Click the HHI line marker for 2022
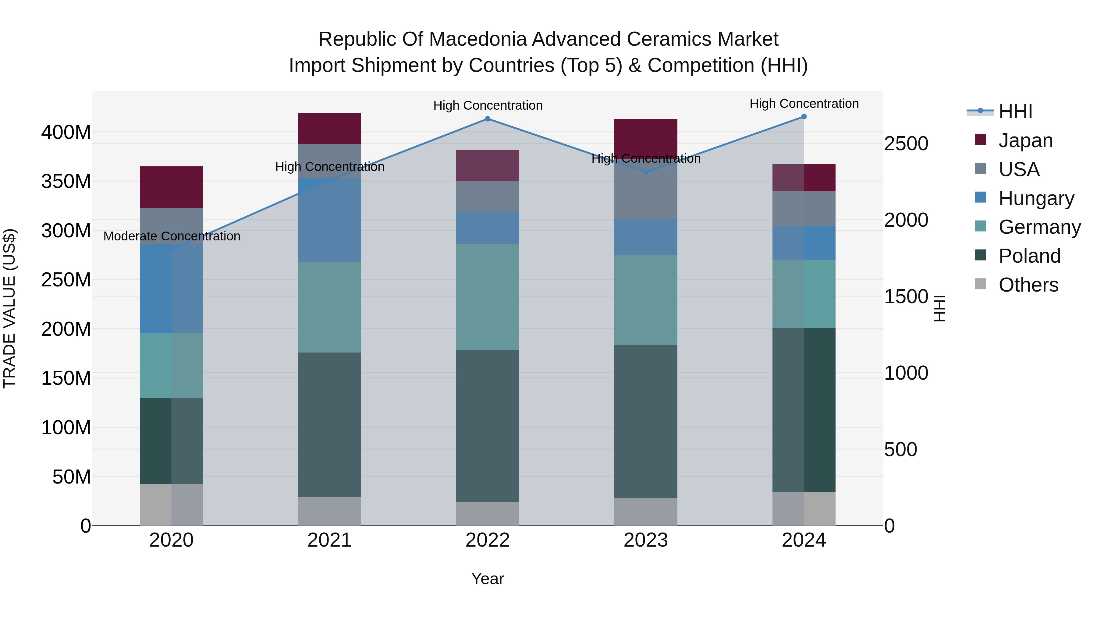click(488, 119)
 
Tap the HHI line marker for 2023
click(646, 172)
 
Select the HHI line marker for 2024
click(804, 117)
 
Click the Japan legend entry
click(1025, 140)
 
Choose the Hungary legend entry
click(1036, 198)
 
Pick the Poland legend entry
click(1029, 256)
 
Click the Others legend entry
click(1028, 285)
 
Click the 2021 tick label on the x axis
click(329, 540)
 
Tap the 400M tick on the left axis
click(66, 133)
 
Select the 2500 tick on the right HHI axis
click(906, 144)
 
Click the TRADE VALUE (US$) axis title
click(9, 308)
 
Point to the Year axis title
click(488, 579)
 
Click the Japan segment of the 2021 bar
click(329, 128)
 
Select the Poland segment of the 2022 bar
click(488, 426)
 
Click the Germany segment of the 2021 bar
click(329, 307)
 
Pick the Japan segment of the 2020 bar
click(171, 187)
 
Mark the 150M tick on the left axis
click(66, 378)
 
